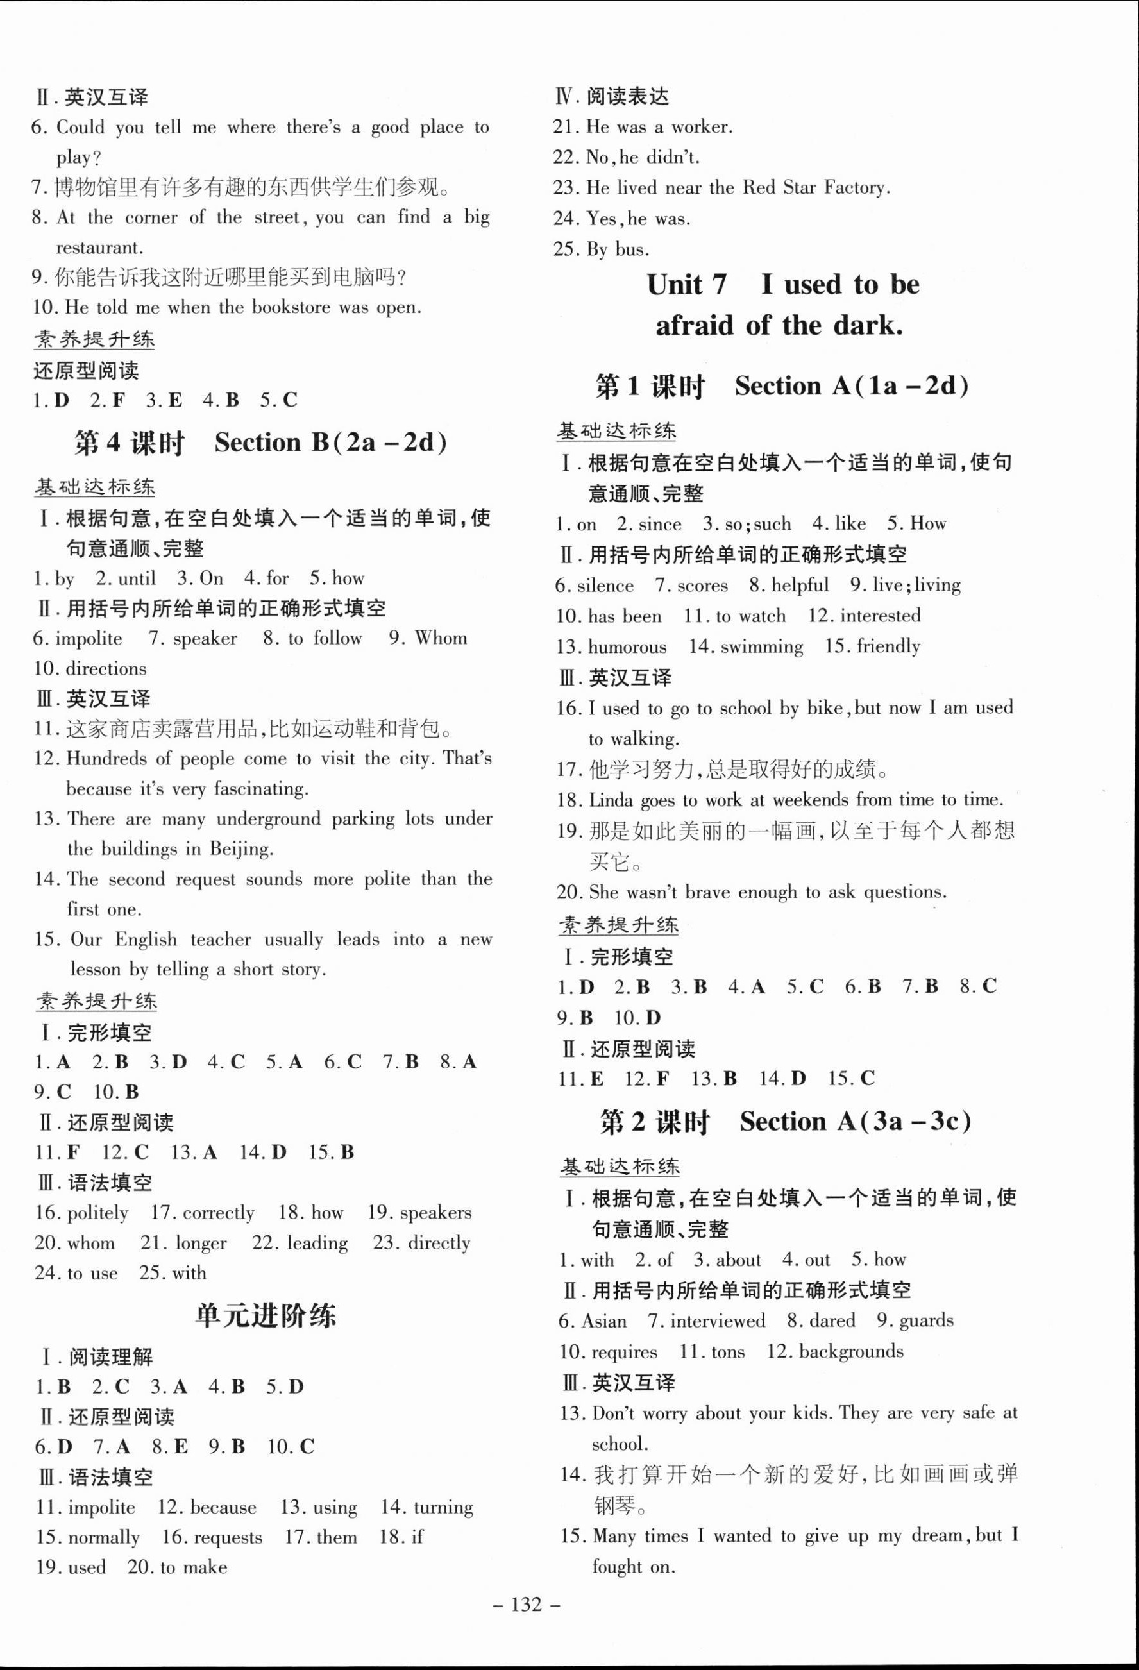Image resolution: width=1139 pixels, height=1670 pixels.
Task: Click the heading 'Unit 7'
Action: (x=686, y=285)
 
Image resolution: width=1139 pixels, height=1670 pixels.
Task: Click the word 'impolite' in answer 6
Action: (x=89, y=639)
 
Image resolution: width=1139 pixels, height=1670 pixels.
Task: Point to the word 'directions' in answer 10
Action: (x=106, y=669)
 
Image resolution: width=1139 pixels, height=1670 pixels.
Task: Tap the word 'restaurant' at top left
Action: (x=99, y=248)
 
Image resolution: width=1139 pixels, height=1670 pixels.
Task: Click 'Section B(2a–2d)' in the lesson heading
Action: (x=330, y=442)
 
